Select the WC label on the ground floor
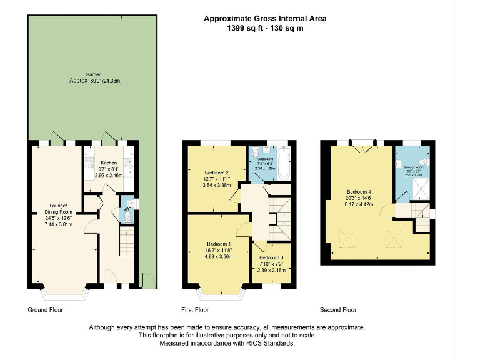point(127,209)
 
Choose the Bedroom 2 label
point(216,172)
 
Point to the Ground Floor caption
point(46,310)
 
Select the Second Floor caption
point(338,310)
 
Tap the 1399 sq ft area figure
point(242,29)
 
